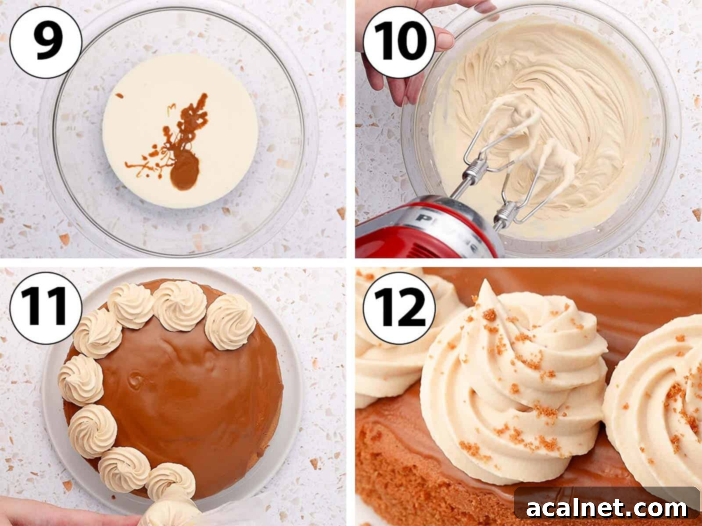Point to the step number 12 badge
(x=400, y=307)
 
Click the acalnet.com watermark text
(x=607, y=508)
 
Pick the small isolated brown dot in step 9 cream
(x=119, y=95)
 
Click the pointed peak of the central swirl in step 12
(x=484, y=285)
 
